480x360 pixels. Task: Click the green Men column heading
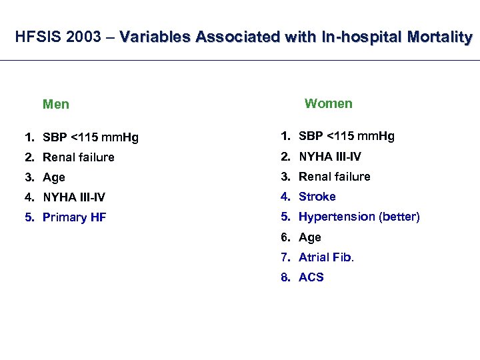click(x=56, y=105)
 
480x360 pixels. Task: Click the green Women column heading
click(x=328, y=103)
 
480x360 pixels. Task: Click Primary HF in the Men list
click(x=74, y=217)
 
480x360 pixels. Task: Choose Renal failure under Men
click(x=78, y=157)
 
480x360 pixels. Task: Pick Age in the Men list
click(x=53, y=177)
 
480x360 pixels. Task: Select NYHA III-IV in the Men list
click(x=73, y=197)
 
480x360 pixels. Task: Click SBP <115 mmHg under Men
click(x=90, y=138)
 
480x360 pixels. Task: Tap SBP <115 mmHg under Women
click(x=346, y=137)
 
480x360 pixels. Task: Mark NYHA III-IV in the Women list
click(x=329, y=157)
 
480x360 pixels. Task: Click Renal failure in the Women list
click(x=334, y=177)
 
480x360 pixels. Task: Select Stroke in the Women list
click(x=317, y=197)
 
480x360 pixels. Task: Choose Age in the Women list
click(x=309, y=237)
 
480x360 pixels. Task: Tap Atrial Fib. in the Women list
click(x=326, y=257)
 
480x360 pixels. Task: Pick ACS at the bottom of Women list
click(x=311, y=277)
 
